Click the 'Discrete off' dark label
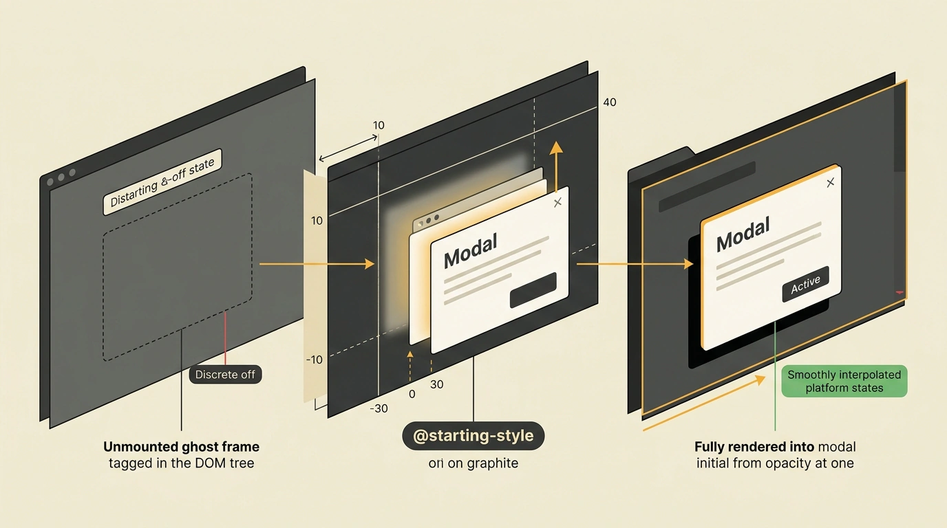[225, 375]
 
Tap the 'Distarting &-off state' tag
[162, 182]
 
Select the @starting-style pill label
[473, 435]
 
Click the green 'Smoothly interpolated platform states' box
[844, 381]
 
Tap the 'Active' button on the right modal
[805, 284]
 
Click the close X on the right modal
[830, 182]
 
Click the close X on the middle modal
[557, 202]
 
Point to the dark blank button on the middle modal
[533, 290]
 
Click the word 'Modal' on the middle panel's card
[471, 252]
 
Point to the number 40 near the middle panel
[610, 102]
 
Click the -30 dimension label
[379, 408]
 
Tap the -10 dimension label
[314, 360]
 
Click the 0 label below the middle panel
[412, 394]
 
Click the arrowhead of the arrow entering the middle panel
[370, 264]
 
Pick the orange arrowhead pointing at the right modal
[688, 264]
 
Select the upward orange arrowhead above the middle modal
[556, 147]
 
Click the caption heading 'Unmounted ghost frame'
[182, 446]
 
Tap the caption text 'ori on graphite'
[473, 463]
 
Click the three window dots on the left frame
[61, 177]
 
